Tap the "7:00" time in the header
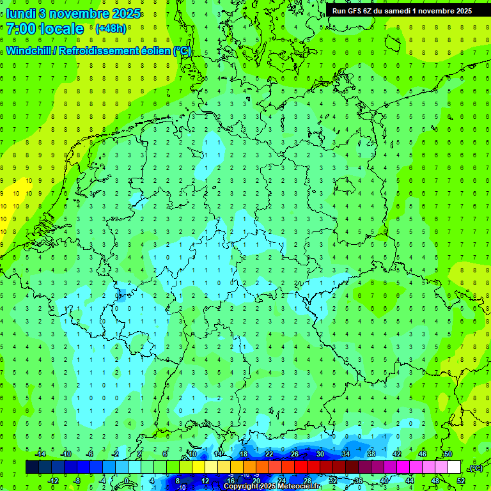(21, 29)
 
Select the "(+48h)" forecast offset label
(111, 29)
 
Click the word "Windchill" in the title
(29, 51)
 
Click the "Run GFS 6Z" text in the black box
(352, 10)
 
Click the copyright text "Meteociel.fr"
(299, 487)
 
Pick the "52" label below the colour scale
(460, 481)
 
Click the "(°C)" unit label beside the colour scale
(475, 468)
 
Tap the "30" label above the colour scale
(320, 454)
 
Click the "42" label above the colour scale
(396, 454)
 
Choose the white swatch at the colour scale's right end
(454, 467)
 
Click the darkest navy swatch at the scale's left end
(32, 467)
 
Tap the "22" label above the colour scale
(269, 454)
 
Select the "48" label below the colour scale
(435, 481)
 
